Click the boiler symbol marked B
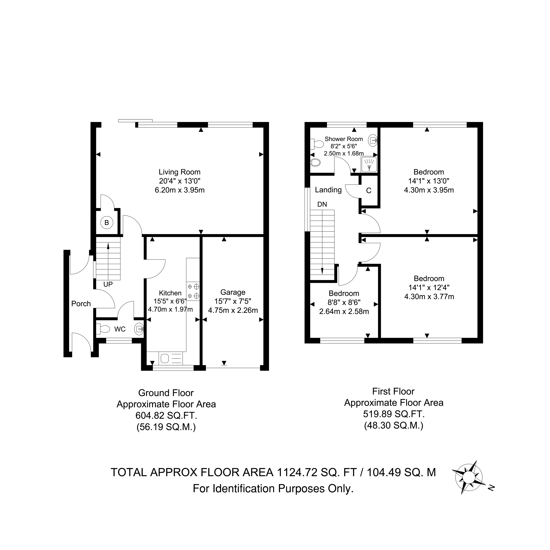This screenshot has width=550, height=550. point(107,222)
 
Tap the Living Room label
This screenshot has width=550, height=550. point(180,172)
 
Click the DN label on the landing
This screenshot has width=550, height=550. point(322,204)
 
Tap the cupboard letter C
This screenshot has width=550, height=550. point(369,190)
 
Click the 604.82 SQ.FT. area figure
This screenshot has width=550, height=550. point(166,416)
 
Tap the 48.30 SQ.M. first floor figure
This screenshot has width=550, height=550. point(394,425)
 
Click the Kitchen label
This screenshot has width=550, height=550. point(170,293)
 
